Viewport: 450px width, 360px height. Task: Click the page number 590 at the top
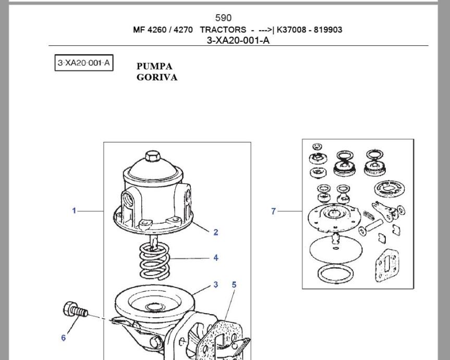[223, 18]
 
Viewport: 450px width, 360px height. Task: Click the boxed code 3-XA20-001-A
[84, 64]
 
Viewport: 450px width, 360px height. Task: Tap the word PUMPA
[154, 66]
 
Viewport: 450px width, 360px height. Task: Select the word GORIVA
[157, 77]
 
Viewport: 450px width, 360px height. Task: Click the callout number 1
[74, 211]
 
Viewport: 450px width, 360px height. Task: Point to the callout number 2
[216, 233]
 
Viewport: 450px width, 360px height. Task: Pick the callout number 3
[216, 285]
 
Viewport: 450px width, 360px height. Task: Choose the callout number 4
[216, 258]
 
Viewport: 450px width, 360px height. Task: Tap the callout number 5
[234, 285]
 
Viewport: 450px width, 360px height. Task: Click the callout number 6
[64, 338]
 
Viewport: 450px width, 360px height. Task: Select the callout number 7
[273, 211]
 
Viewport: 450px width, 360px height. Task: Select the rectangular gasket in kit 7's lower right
[387, 265]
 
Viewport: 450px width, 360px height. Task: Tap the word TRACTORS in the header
[223, 30]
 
